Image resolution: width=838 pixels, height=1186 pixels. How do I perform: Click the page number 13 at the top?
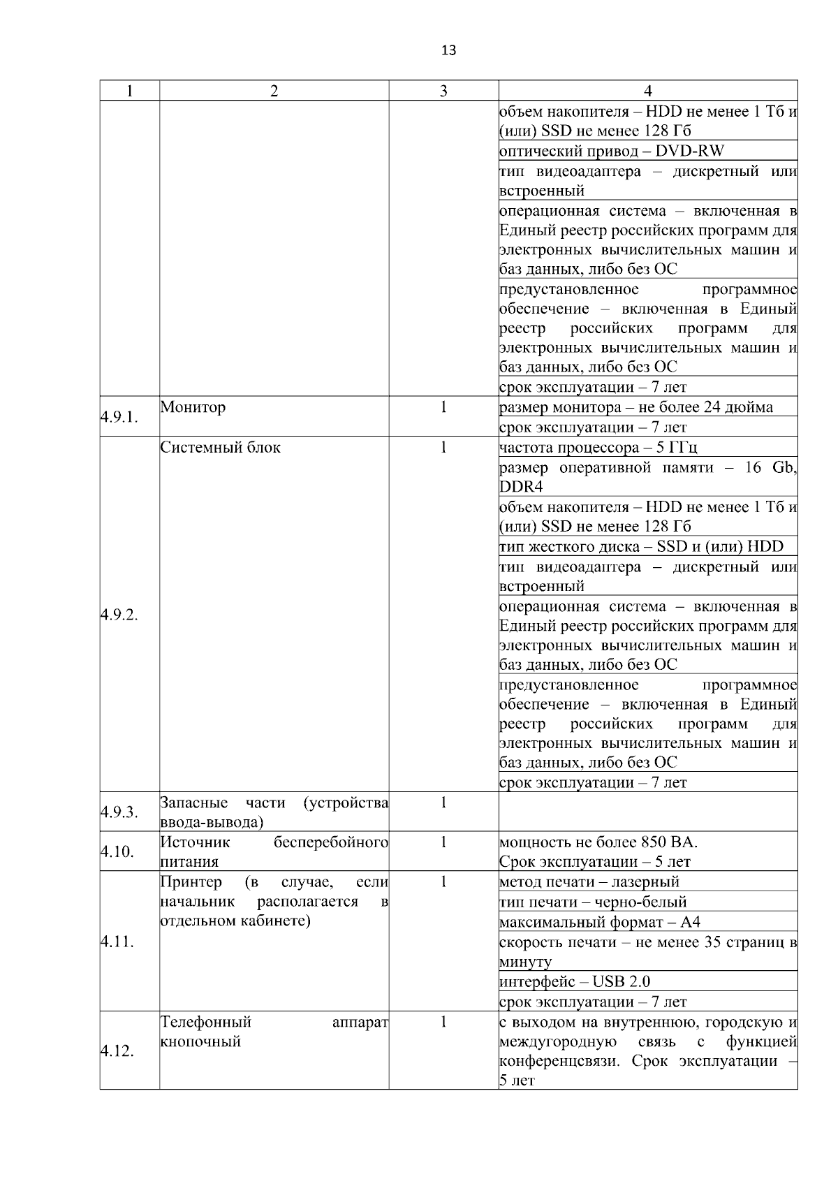(449, 50)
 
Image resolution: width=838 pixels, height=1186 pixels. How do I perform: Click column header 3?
(443, 91)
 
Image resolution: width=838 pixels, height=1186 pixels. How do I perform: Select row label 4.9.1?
(119, 417)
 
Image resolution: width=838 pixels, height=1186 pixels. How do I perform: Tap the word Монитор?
(193, 407)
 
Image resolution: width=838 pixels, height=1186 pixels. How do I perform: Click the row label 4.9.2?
(119, 615)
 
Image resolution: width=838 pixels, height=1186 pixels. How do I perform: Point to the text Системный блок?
(220, 447)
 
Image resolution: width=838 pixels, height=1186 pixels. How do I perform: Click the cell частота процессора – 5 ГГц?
(598, 447)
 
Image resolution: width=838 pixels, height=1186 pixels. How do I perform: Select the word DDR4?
(521, 487)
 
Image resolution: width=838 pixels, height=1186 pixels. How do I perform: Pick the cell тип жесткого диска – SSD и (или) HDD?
(641, 546)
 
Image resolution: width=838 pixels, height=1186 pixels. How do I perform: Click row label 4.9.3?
(119, 812)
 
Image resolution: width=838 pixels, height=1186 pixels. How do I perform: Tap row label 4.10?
(116, 851)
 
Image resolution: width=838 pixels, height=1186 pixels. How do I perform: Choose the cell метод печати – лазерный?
(589, 881)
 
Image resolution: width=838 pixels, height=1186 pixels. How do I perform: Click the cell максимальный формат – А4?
(599, 922)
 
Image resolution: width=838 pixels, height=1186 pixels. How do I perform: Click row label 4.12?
(116, 1050)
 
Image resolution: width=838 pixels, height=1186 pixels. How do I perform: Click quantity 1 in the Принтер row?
(443, 881)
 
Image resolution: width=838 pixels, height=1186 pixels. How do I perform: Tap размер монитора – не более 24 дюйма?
(635, 407)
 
